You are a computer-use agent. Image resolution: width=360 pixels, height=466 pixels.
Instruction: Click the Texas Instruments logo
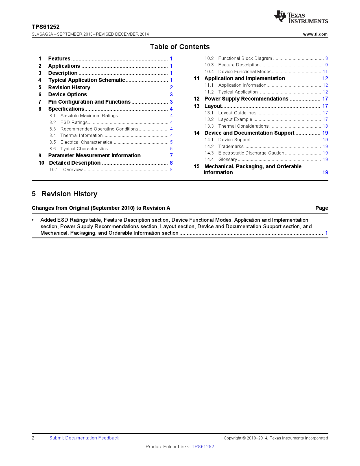(301, 17)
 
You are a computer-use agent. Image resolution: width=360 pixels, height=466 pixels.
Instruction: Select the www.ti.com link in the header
(315, 34)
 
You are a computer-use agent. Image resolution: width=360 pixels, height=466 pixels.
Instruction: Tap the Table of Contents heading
(180, 47)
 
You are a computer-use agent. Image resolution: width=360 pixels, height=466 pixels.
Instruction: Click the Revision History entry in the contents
(69, 88)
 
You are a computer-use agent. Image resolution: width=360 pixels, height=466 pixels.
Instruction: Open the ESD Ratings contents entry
(74, 123)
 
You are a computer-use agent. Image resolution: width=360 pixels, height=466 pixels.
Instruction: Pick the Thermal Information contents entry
(81, 136)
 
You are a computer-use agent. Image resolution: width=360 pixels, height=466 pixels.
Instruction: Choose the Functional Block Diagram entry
(245, 58)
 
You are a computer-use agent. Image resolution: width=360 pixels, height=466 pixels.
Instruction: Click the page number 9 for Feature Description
(326, 65)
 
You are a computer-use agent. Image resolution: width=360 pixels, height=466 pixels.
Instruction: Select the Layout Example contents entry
(235, 119)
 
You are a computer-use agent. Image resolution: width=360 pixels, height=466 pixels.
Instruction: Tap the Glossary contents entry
(228, 160)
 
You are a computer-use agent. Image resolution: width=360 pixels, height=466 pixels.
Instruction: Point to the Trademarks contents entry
(231, 147)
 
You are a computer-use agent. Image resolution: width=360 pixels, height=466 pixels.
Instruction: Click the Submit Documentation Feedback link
(84, 438)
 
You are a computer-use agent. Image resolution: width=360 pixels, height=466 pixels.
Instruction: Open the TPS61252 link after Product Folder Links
(203, 447)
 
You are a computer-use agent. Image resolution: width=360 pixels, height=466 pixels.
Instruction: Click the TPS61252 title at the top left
(46, 27)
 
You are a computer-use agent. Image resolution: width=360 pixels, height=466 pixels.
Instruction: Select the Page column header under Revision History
(321, 208)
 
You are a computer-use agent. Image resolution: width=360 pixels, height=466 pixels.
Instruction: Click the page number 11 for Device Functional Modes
(325, 72)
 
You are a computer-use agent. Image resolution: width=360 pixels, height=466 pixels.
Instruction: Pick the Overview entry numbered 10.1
(73, 170)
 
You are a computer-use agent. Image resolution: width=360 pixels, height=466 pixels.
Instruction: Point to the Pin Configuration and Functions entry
(89, 102)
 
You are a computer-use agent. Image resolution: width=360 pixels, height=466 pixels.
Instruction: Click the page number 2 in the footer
(33, 438)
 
